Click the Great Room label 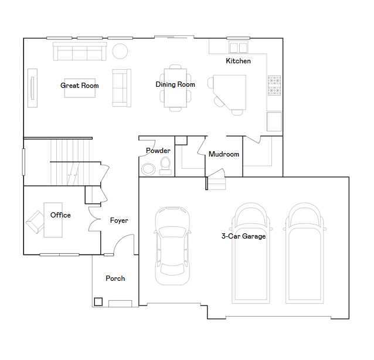click(79, 86)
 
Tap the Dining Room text click(175, 84)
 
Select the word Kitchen click(238, 61)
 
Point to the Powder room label click(158, 151)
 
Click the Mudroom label click(224, 154)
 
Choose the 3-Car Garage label click(243, 236)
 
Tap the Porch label click(115, 278)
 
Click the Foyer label click(119, 220)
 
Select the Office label click(60, 215)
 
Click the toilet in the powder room click(165, 167)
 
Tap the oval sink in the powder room click(148, 169)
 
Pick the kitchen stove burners click(274, 86)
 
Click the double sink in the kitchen click(238, 47)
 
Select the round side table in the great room click(120, 51)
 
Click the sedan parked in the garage click(172, 246)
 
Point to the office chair click(35, 222)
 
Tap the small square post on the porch click(98, 302)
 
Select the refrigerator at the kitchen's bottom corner click(274, 121)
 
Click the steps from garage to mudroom click(217, 183)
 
